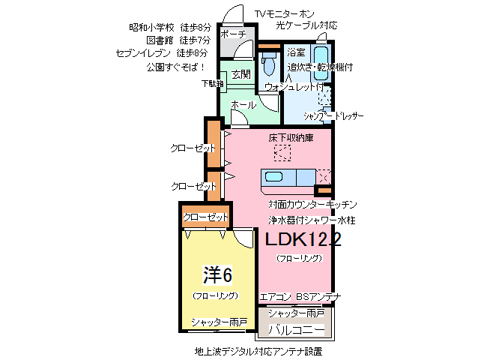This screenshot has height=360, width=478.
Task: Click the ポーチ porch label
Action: tap(234, 34)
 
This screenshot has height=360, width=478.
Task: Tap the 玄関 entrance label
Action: tap(240, 74)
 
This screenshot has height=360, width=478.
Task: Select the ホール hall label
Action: tap(243, 104)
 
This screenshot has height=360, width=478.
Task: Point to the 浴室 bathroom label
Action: tap(296, 53)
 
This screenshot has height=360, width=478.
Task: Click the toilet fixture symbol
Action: tap(269, 66)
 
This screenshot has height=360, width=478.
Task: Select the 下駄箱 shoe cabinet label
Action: tap(211, 84)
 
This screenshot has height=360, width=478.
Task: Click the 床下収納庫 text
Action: tap(291, 138)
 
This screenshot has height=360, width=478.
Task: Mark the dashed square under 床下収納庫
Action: tap(282, 153)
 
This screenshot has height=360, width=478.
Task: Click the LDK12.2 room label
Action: tap(303, 240)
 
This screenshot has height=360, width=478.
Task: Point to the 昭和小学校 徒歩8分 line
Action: tap(169, 28)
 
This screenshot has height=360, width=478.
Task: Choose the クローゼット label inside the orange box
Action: tap(205, 217)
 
